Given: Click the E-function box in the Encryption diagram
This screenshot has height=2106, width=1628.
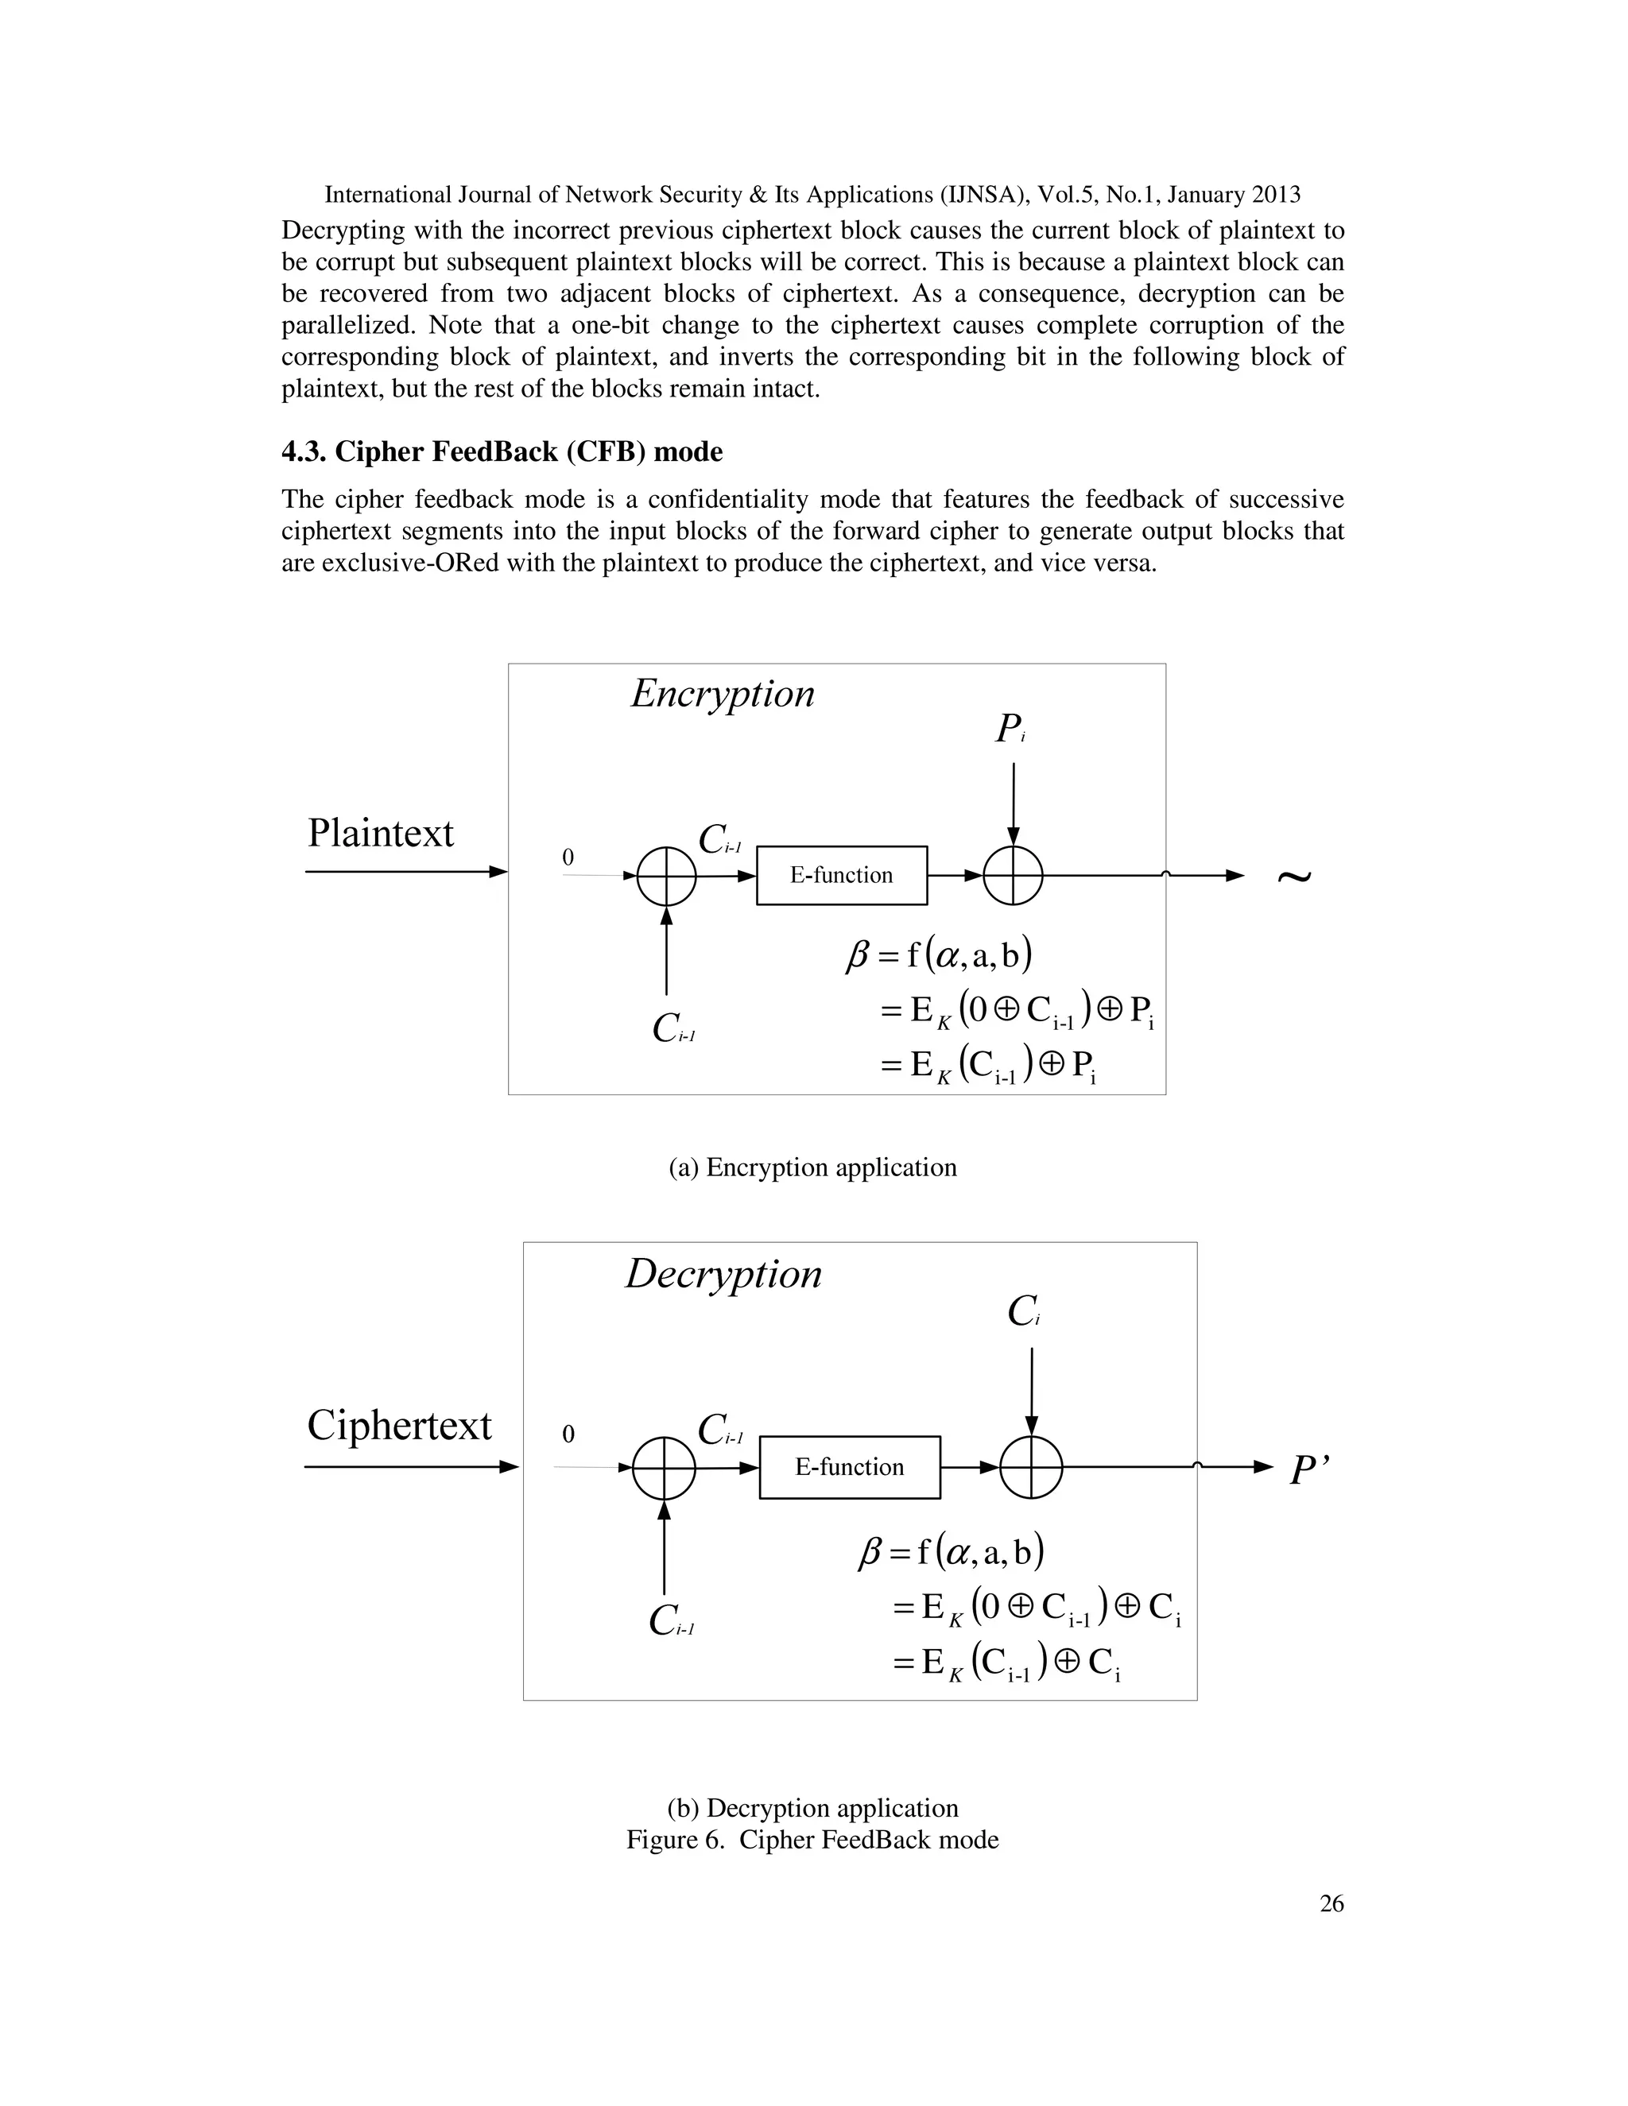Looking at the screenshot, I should [841, 875].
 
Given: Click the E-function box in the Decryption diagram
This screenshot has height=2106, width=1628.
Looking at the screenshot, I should [849, 1467].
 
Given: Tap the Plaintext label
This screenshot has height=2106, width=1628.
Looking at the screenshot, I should [380, 833].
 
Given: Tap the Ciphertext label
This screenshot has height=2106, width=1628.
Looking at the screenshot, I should [398, 1425].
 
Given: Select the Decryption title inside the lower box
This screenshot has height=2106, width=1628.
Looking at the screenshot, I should [723, 1275].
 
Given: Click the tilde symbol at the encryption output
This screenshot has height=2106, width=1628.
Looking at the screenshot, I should [1293, 876].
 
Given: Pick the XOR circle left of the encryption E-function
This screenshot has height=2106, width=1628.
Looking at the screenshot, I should [666, 876].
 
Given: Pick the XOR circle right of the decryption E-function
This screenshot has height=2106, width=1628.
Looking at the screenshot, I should [1031, 1467].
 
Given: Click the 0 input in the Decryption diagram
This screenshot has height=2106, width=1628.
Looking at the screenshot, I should [568, 1434].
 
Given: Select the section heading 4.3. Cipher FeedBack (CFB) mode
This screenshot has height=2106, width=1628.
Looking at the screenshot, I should [502, 451].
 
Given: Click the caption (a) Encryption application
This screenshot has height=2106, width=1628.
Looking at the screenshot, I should [812, 1167].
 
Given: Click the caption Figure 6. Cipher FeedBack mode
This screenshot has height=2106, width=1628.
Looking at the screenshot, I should [812, 1840].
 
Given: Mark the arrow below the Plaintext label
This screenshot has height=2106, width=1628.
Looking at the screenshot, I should [405, 872].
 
